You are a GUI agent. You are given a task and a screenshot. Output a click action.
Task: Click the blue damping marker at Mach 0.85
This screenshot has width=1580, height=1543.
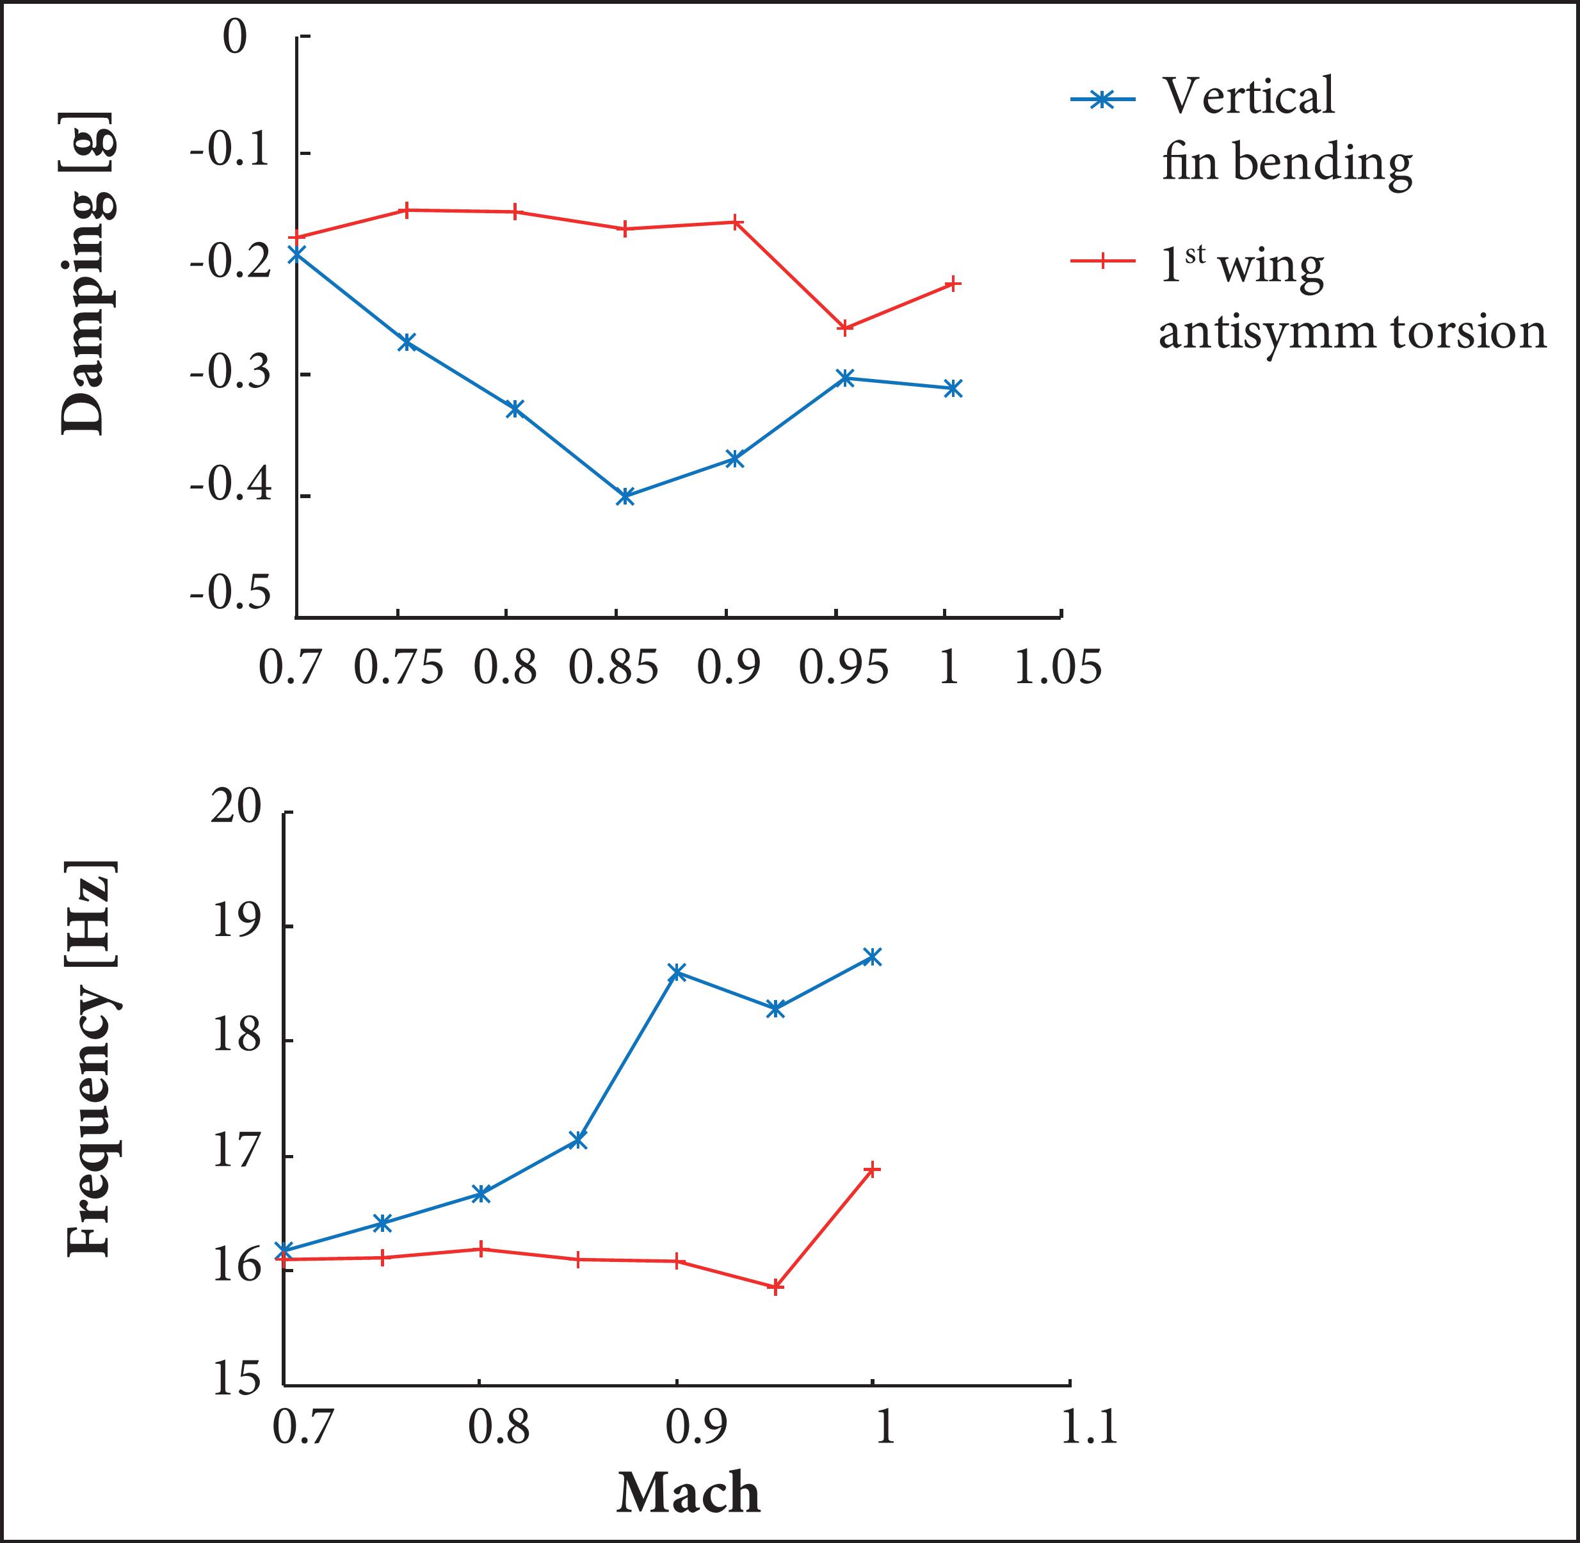624,496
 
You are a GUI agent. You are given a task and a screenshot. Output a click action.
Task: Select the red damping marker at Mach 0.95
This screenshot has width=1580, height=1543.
845,327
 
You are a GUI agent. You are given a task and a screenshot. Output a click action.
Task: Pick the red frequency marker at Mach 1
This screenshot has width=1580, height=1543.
873,1168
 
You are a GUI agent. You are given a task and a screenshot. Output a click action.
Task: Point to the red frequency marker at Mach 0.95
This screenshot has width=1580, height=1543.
775,1287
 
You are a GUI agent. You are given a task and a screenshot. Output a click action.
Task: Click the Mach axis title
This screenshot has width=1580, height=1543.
688,1493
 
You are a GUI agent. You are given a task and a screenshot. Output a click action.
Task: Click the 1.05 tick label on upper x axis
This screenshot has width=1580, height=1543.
1058,668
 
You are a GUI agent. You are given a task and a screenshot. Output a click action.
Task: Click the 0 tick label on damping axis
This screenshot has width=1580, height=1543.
236,38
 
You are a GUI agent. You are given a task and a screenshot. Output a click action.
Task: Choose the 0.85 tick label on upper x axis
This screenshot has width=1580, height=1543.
613,668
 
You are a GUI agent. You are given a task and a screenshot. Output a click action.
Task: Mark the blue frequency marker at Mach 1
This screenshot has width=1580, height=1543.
872,957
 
